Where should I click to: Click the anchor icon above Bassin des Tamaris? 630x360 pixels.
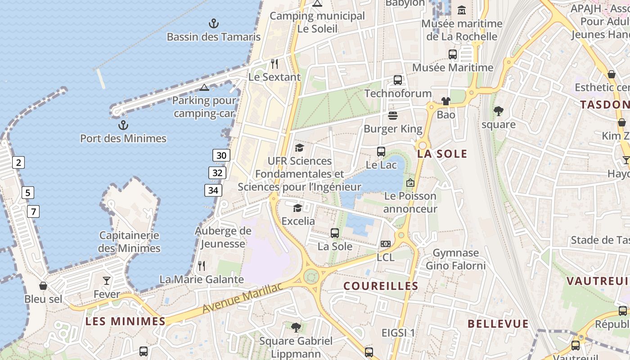[214, 23]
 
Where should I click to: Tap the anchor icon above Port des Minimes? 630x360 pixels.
[123, 125]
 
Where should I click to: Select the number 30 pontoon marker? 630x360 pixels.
[221, 156]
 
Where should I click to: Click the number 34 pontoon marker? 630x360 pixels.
[213, 190]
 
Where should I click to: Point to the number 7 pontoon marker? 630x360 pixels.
[33, 211]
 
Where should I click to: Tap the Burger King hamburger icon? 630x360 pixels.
[393, 116]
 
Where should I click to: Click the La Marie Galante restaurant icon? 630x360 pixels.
[202, 266]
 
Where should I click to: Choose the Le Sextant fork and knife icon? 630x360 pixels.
[274, 63]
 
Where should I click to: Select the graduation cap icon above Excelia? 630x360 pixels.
[297, 207]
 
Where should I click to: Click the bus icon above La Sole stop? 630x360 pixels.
[335, 233]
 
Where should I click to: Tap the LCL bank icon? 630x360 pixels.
[385, 244]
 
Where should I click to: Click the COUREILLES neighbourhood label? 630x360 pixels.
[381, 286]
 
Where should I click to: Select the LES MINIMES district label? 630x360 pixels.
[126, 321]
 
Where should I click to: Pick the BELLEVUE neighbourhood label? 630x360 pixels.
[498, 324]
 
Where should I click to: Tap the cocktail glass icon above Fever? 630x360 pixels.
[107, 281]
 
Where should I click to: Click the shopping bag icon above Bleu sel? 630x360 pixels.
[43, 286]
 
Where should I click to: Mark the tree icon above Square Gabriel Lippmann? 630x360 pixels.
[296, 327]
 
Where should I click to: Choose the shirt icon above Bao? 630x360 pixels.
[446, 101]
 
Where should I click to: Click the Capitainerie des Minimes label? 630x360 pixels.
[129, 242]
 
